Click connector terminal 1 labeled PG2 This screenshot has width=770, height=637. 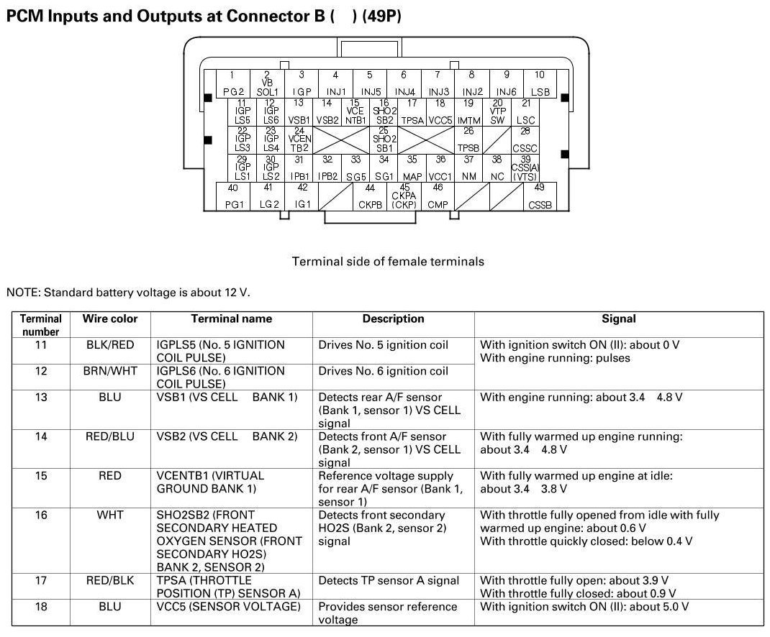[x=232, y=83]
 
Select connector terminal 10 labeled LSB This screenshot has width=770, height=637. [x=540, y=83]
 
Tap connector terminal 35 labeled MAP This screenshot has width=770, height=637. [x=412, y=168]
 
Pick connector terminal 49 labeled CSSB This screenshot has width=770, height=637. [x=540, y=196]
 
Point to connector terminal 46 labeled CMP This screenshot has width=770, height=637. [x=438, y=196]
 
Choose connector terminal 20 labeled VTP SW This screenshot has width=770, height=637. [x=497, y=111]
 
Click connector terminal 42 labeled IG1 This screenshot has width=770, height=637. [x=302, y=196]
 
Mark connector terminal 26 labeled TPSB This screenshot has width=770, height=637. [x=468, y=139]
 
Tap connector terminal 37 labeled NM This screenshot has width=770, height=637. [x=468, y=168]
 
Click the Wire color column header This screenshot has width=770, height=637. [x=110, y=318]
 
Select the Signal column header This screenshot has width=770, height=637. [x=619, y=318]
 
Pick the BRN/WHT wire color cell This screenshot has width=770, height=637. [x=110, y=372]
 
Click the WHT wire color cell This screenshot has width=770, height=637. [x=110, y=515]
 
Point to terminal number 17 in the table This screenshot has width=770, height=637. [x=41, y=580]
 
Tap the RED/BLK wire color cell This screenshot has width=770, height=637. [x=110, y=580]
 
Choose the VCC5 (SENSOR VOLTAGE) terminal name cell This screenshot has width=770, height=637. [x=228, y=607]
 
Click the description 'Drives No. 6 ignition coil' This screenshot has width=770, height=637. [x=383, y=372]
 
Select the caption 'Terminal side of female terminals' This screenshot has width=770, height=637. [x=388, y=262]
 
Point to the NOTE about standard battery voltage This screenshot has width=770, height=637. [x=128, y=292]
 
